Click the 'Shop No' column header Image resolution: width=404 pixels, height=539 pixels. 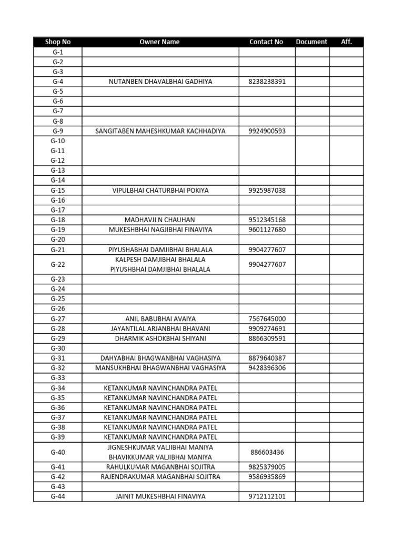58,42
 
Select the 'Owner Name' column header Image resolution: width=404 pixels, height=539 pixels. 160,42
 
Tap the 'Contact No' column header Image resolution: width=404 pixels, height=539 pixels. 266,42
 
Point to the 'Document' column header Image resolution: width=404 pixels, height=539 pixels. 311,42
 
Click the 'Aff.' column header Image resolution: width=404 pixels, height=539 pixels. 346,42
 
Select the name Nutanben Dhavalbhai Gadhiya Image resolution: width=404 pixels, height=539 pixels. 160,82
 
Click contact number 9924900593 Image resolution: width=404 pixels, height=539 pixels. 267,131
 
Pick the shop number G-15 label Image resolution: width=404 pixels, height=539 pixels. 58,191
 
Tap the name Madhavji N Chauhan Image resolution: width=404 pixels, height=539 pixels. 160,220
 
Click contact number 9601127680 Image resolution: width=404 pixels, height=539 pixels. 267,229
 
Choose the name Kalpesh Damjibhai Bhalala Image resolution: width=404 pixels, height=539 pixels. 160,259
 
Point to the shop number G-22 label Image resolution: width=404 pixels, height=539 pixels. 58,264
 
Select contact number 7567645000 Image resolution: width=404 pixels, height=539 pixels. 267,319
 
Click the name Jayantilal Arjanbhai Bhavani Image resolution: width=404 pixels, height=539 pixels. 160,328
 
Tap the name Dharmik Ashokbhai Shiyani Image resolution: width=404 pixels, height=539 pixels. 160,338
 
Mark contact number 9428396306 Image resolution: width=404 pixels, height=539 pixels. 267,368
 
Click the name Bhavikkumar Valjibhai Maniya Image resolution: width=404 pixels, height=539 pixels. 160,457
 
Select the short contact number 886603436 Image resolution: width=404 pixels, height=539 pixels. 267,452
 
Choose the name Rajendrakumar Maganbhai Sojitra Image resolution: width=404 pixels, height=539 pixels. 160,477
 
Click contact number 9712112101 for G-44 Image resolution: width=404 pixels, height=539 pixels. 267,496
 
